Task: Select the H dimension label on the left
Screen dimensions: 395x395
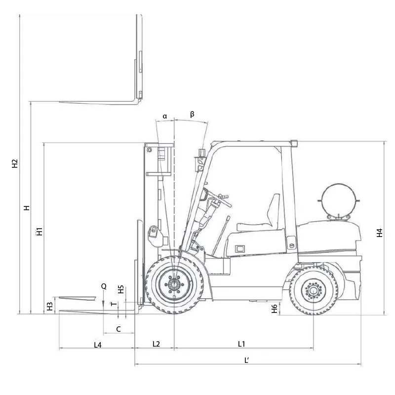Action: point(27,208)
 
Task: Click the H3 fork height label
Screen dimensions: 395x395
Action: point(49,306)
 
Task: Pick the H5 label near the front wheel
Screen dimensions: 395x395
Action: point(121,290)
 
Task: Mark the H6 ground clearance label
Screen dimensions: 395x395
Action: point(275,309)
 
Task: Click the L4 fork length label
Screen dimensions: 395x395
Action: point(98,344)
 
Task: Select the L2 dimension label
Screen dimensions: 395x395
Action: point(156,344)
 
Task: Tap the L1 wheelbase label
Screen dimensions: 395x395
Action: point(241,344)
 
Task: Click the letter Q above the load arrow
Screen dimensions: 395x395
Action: point(104,286)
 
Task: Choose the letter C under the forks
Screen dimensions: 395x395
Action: point(118,328)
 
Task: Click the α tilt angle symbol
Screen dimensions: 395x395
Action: point(165,117)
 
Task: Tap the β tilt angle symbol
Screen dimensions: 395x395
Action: point(192,114)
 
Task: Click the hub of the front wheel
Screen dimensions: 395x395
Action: point(174,285)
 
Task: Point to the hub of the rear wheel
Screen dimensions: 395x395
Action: point(313,290)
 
